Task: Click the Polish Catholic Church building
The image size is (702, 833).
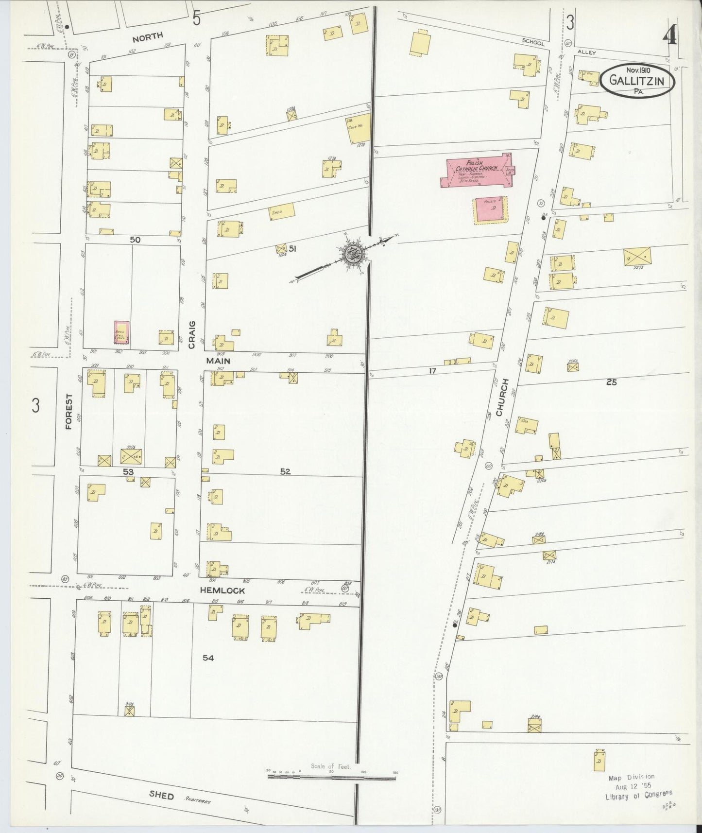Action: click(476, 171)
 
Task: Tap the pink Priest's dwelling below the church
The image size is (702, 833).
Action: click(491, 210)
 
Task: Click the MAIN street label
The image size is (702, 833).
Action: click(218, 361)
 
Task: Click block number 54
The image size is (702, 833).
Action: click(208, 658)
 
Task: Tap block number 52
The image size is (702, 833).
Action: click(285, 471)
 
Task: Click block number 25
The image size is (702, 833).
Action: click(611, 382)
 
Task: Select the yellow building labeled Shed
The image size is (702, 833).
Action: click(281, 211)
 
